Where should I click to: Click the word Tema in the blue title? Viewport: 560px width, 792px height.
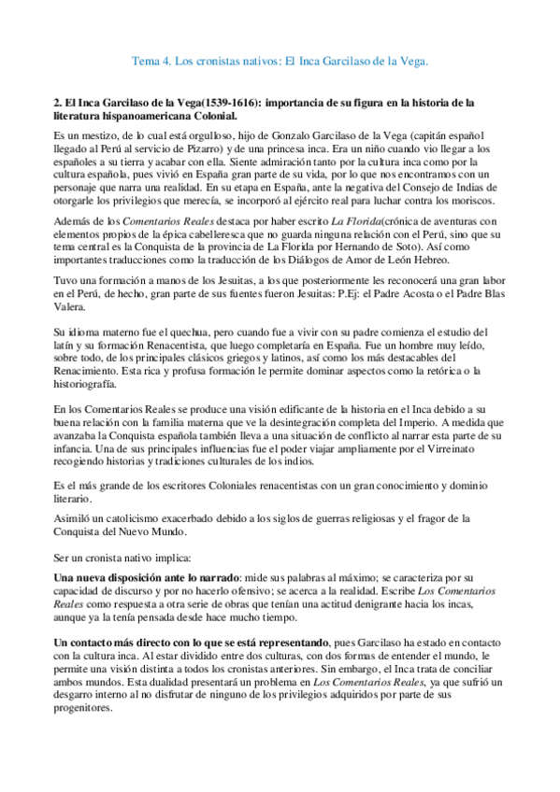click(148, 62)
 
